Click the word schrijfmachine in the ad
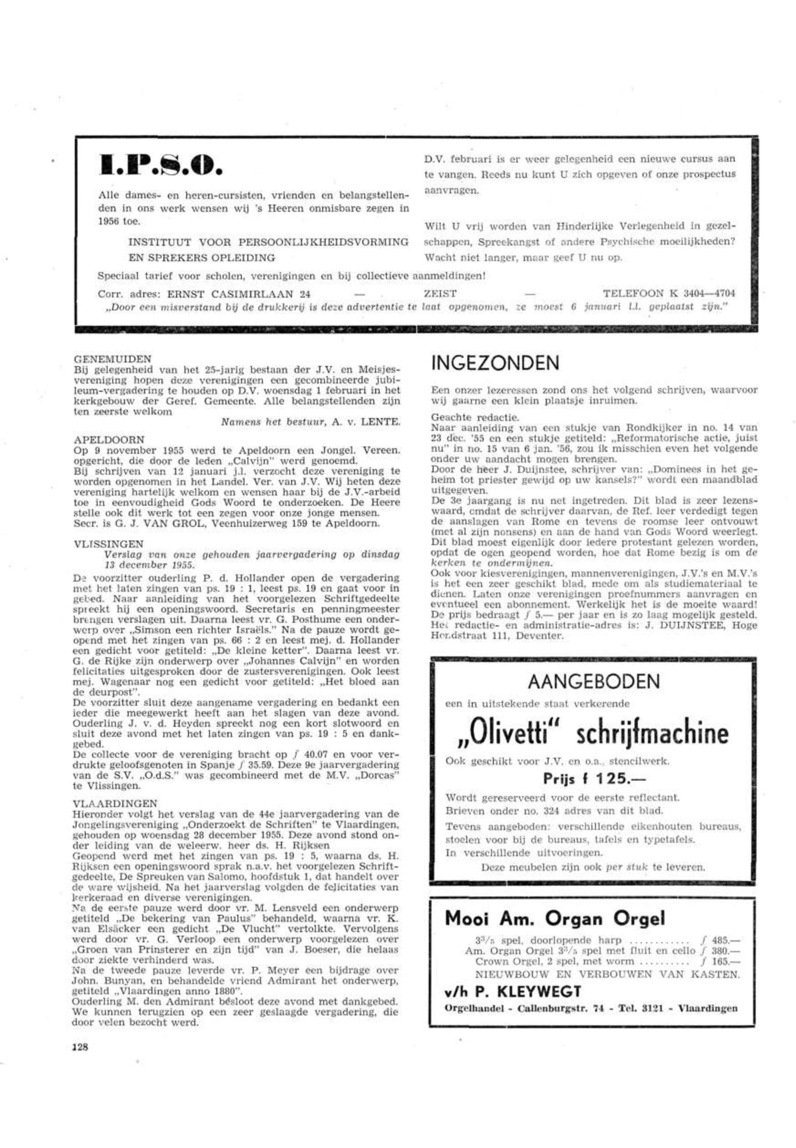[x=652, y=734]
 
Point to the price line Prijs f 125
[x=593, y=778]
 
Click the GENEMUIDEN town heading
[x=112, y=359]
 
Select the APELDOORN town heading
[x=109, y=440]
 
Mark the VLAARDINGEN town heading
[x=115, y=804]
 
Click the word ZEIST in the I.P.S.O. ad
[x=439, y=293]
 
